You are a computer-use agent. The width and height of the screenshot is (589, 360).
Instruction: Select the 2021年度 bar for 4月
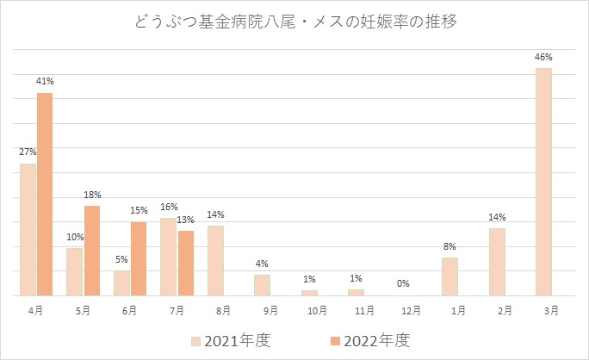tap(28, 229)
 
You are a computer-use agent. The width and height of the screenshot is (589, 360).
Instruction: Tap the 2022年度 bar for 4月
tap(45, 194)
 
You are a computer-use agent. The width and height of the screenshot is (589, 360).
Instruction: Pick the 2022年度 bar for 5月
tap(91, 251)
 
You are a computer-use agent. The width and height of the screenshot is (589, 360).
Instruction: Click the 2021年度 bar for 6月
tap(121, 283)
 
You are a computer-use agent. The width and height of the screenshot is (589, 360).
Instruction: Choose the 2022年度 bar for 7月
tap(185, 263)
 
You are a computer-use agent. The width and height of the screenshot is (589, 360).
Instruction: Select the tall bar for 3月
tap(542, 182)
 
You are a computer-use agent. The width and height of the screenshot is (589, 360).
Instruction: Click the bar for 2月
tap(497, 262)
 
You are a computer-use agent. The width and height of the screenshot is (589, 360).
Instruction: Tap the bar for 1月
tap(449, 276)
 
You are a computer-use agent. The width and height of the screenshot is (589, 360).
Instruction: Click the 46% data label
tap(542, 57)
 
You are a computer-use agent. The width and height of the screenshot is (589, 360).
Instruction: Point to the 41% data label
tap(45, 82)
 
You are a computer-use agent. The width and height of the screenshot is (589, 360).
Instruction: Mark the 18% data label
tap(92, 195)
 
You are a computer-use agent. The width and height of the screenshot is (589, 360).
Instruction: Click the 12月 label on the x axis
tap(403, 309)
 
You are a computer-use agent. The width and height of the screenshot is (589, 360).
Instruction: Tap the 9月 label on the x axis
tap(262, 309)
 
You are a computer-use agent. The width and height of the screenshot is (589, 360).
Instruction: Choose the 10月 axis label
tap(309, 309)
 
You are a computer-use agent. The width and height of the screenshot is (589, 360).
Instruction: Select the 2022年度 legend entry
tap(369, 340)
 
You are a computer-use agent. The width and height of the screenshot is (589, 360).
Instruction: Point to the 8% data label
tap(449, 246)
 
